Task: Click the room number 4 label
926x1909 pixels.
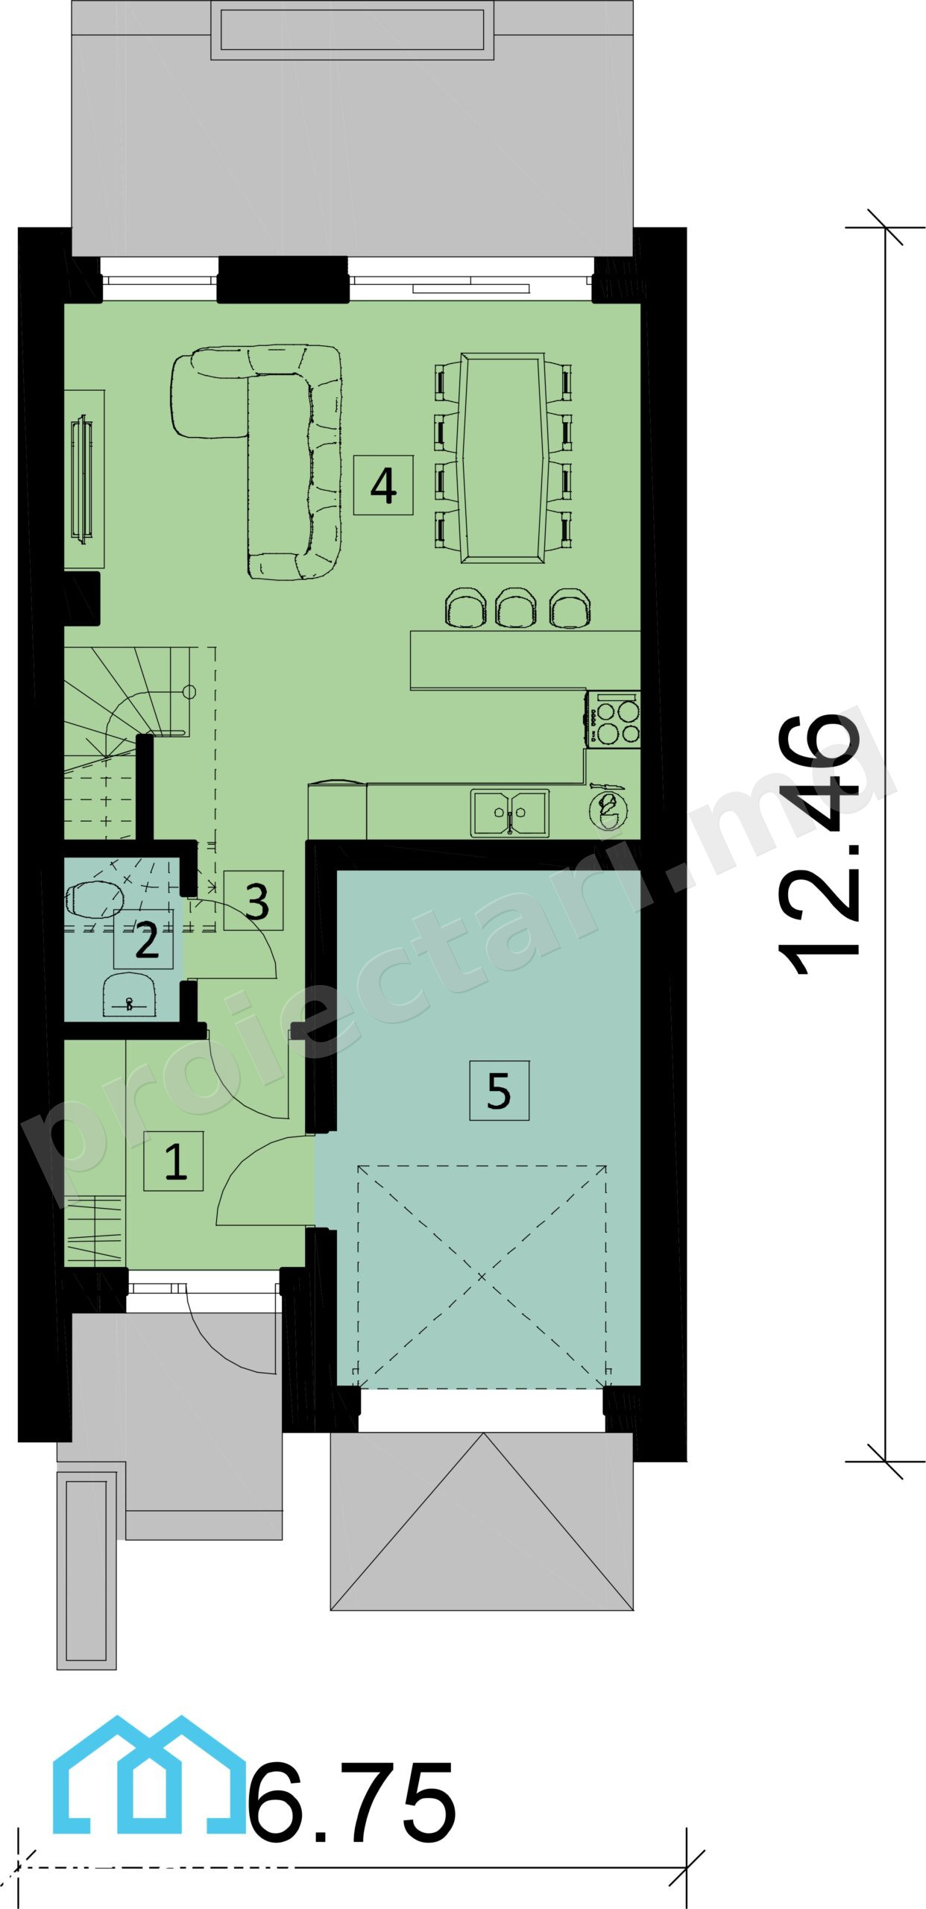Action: [383, 485]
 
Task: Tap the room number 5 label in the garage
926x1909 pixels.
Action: [499, 1091]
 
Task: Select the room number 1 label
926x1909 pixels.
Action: [174, 1161]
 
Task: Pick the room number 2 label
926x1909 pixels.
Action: [144, 939]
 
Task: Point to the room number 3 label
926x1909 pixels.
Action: [253, 901]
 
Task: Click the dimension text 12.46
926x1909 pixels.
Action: [819, 844]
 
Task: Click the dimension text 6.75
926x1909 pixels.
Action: [350, 1802]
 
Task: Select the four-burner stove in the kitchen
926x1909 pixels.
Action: [613, 720]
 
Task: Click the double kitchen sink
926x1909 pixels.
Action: [510, 813]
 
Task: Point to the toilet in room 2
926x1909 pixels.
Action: [95, 899]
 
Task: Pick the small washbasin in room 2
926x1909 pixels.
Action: [130, 995]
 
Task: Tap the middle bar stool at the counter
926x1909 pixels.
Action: [514, 608]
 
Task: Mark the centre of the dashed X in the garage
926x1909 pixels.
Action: [482, 1277]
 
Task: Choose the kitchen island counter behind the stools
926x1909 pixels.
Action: [525, 660]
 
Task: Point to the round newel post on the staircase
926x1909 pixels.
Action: [189, 692]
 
